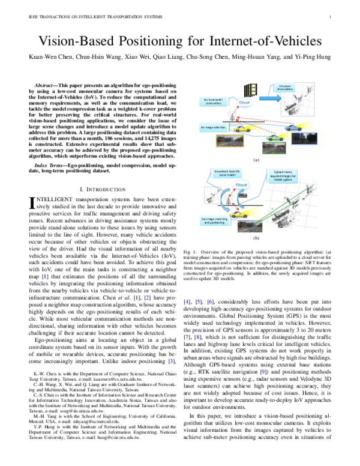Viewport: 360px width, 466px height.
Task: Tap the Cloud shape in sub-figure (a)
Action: coord(245,103)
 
